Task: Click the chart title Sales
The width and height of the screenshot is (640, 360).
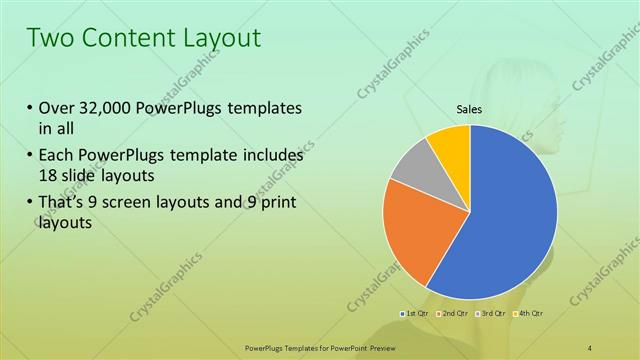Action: click(x=469, y=110)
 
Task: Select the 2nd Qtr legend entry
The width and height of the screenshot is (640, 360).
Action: click(x=453, y=314)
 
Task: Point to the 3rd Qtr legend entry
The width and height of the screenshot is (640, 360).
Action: click(x=490, y=314)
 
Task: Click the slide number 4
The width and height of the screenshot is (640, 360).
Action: click(x=591, y=347)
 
